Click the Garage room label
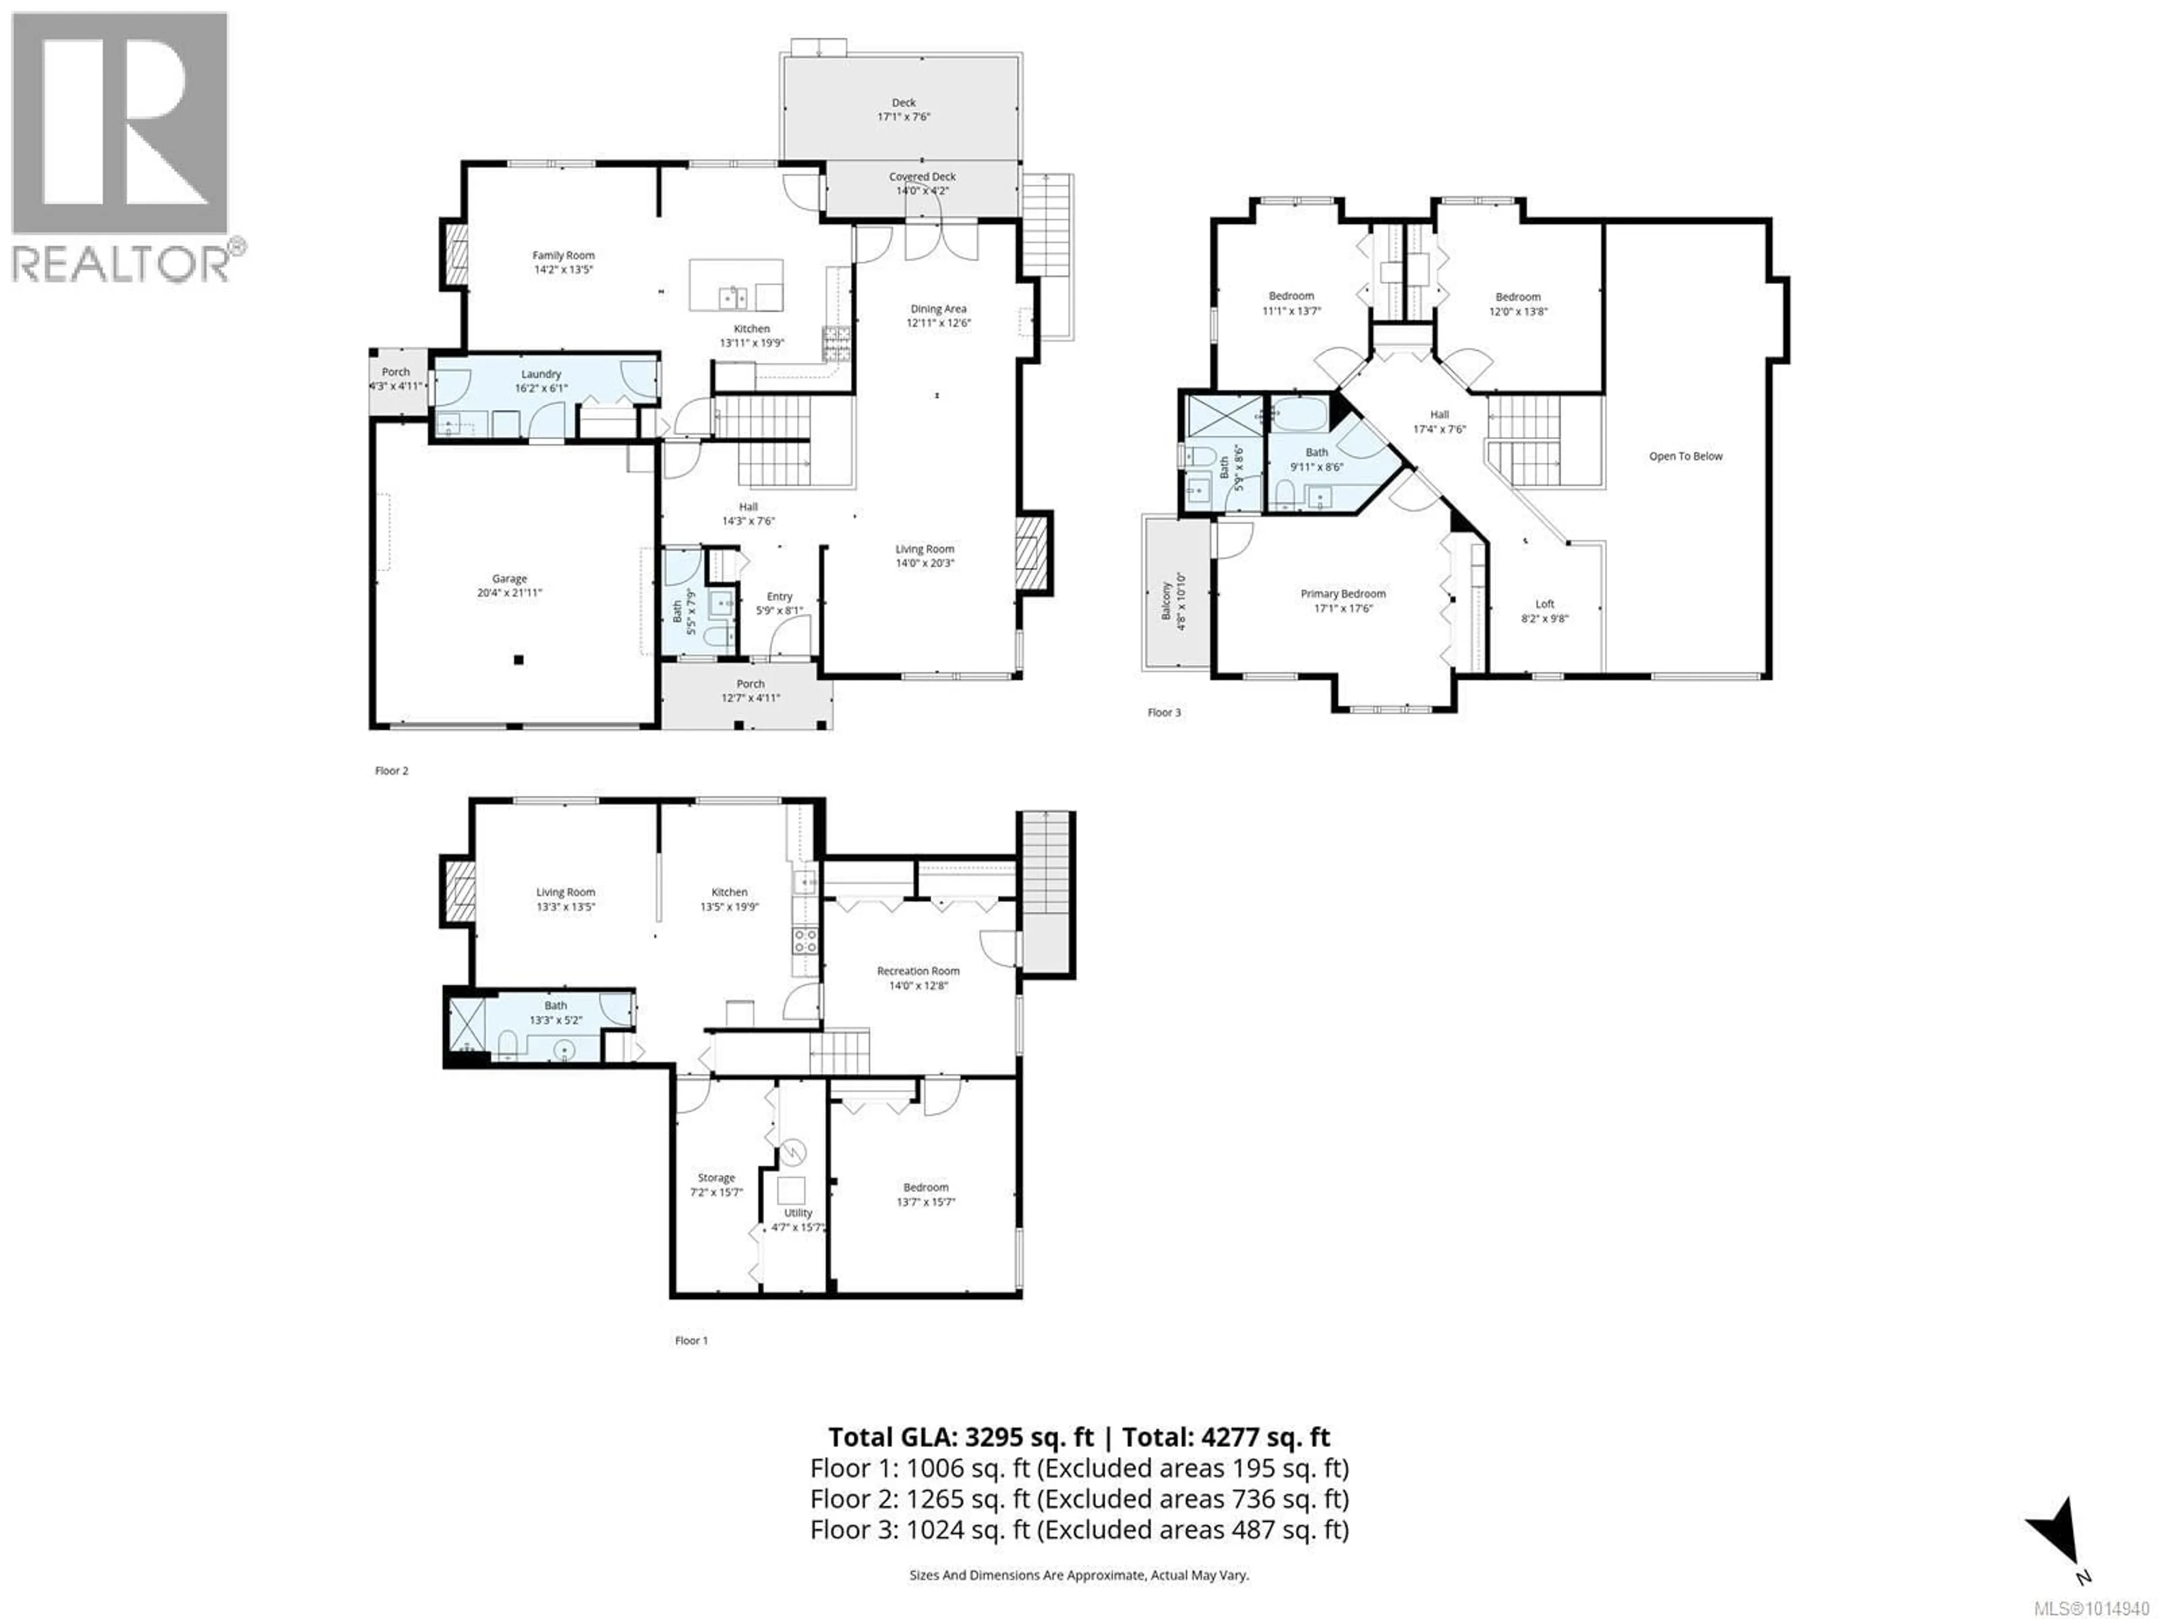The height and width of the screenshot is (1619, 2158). (x=509, y=578)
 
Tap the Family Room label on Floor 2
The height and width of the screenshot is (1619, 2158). (x=563, y=256)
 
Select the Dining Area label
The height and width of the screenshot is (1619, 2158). (x=939, y=309)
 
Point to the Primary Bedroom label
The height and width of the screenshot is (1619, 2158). (x=1343, y=593)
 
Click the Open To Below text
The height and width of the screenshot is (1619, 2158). (x=1686, y=456)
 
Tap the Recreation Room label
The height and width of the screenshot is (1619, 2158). (x=918, y=971)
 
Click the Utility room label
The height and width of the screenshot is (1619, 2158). (x=798, y=1213)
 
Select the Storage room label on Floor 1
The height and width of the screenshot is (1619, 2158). (x=716, y=1178)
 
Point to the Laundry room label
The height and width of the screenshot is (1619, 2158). (x=541, y=374)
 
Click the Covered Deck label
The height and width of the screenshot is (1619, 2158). (x=922, y=177)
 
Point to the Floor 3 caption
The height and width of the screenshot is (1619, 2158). (x=1164, y=712)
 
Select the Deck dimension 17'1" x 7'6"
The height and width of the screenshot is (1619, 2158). (x=904, y=116)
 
